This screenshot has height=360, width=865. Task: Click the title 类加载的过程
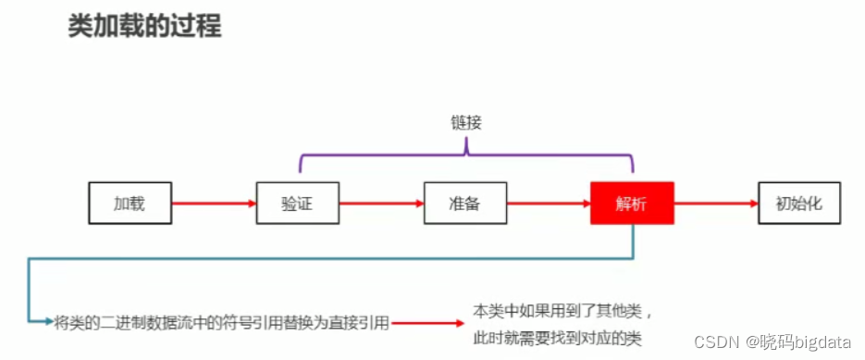pos(144,25)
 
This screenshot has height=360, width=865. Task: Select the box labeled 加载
pos(130,203)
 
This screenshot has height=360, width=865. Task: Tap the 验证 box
pos(297,203)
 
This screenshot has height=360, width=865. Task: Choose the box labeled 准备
pos(464,203)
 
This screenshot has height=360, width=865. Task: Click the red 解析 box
pos(632,203)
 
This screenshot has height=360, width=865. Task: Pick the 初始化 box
pos(800,203)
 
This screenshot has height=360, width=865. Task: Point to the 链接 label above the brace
pos(465,122)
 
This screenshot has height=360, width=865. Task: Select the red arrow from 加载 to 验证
pos(214,203)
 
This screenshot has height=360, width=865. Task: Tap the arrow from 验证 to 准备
pos(381,203)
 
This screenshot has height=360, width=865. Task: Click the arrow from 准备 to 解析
pos(549,203)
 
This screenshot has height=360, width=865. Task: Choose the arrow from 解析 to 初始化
pos(716,203)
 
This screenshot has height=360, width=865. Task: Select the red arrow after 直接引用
pos(427,323)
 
